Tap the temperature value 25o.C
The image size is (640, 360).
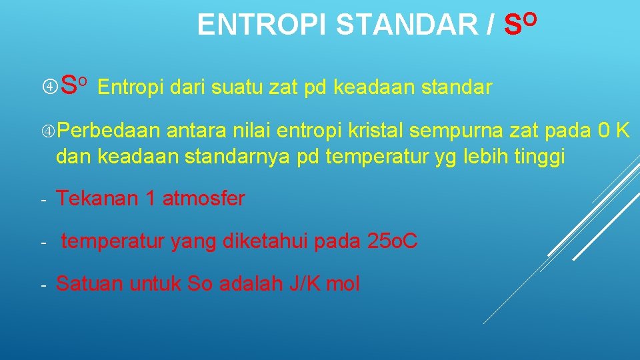[x=393, y=241]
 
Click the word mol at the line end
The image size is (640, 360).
[x=343, y=284]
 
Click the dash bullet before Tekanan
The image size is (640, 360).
[x=41, y=199]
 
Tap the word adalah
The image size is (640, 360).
[x=251, y=284]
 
